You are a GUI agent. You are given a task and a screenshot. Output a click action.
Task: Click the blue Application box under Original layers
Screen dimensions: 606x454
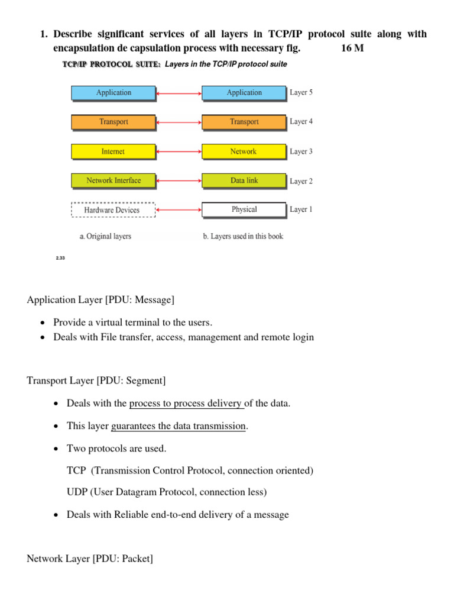point(113,93)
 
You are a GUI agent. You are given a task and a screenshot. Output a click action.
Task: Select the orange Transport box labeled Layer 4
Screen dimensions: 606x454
point(244,122)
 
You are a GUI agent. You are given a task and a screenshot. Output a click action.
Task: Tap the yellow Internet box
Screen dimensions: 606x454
point(113,151)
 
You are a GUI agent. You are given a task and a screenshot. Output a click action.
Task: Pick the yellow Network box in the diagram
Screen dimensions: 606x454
point(244,151)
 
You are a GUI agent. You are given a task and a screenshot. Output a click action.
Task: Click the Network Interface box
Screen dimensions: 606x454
point(113,180)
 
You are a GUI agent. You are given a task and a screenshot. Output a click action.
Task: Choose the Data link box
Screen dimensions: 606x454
point(244,180)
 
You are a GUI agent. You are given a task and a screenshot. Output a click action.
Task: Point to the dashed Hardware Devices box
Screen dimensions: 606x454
point(112,210)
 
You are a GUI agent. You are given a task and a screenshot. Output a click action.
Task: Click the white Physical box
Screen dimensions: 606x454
point(244,209)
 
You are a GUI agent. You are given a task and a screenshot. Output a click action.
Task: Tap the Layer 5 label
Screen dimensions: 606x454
point(301,92)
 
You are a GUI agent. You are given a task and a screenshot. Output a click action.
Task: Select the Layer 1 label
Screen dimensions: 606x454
point(301,209)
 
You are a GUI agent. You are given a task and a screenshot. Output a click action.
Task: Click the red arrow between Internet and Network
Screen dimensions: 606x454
point(179,152)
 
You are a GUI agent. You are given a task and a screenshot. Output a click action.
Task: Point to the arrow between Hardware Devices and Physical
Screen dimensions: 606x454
point(179,210)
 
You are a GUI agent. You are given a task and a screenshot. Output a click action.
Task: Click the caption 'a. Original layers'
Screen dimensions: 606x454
point(105,236)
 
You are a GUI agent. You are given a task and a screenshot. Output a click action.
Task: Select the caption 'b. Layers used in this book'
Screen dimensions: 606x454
point(243,236)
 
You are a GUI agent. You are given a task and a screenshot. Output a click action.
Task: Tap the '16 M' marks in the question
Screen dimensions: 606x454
point(352,48)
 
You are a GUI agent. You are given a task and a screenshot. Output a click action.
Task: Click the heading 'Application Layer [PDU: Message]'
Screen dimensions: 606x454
point(100,300)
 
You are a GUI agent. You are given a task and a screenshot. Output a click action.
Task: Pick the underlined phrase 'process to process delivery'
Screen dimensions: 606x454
point(186,404)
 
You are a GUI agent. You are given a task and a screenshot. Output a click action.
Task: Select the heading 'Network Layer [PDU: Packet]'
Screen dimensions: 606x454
point(90,558)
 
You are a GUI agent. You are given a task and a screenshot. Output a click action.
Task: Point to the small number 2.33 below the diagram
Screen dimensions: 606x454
point(60,258)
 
